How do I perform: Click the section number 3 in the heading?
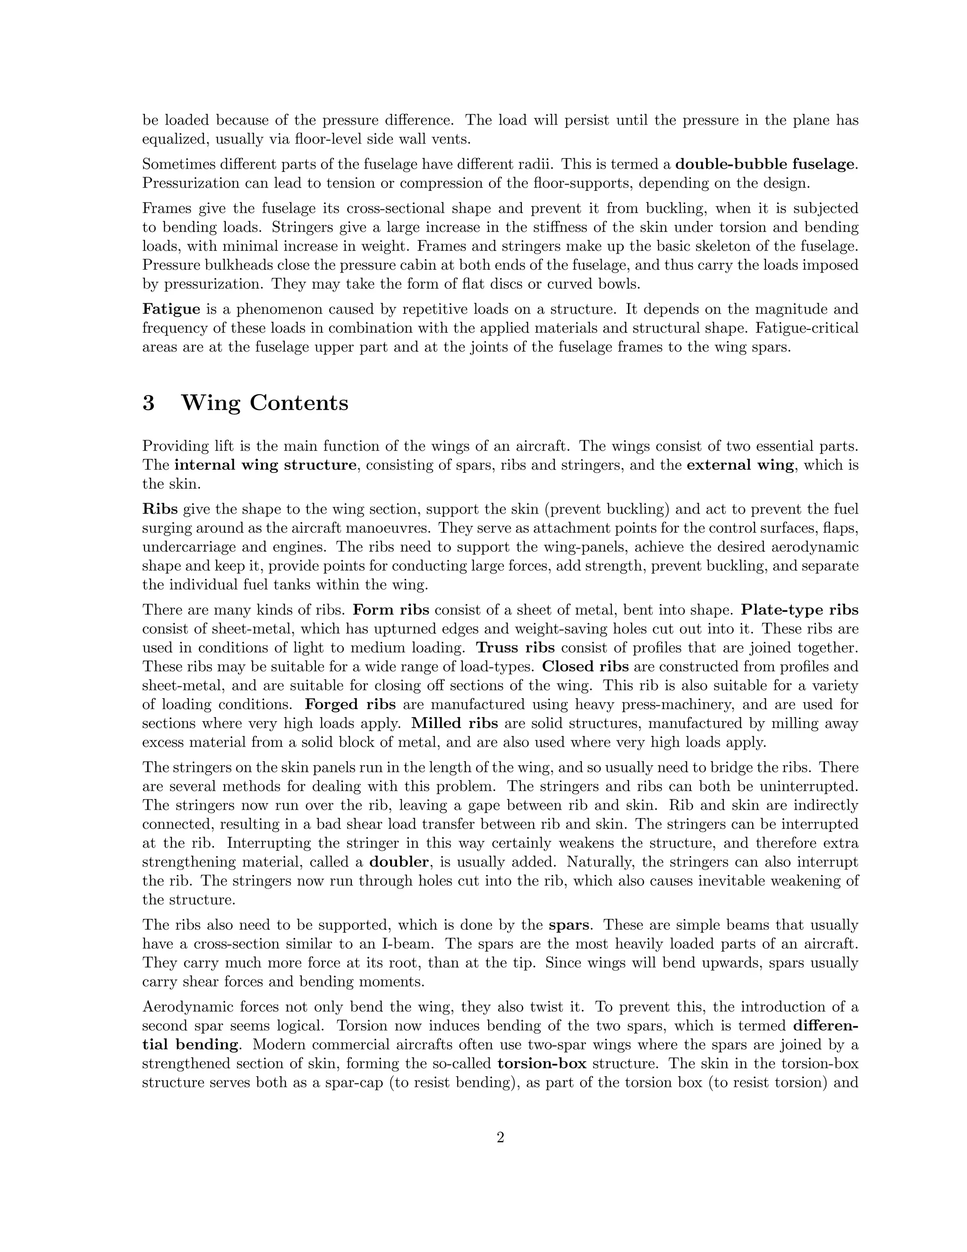[x=148, y=403]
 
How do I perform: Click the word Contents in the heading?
[x=298, y=403]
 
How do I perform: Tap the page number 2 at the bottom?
[x=500, y=1153]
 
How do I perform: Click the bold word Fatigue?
[x=171, y=309]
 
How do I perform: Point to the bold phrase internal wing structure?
[x=265, y=465]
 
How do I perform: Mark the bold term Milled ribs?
[x=454, y=723]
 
